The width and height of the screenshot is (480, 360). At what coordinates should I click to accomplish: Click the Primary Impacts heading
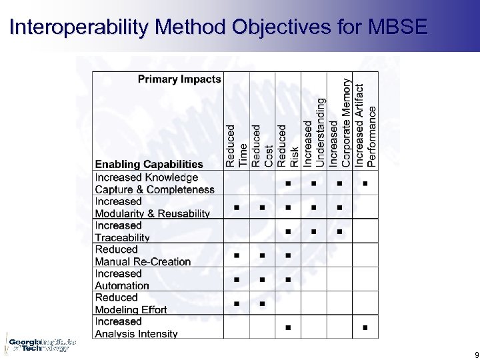click(179, 79)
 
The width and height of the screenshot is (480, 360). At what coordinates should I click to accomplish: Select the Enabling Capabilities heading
click(149, 165)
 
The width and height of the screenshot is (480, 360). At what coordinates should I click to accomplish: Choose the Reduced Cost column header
click(262, 145)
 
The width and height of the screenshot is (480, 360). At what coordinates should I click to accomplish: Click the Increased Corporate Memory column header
click(340, 123)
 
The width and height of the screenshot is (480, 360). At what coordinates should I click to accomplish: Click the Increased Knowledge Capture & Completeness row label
click(155, 183)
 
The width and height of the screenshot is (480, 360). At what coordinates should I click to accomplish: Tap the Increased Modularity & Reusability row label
click(152, 207)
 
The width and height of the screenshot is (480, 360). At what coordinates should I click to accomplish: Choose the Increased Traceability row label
click(123, 231)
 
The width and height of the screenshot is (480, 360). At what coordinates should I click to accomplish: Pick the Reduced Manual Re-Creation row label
click(143, 255)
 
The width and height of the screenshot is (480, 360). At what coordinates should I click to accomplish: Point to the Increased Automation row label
click(122, 279)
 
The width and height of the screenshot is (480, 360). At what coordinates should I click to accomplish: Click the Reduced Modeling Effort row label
click(131, 303)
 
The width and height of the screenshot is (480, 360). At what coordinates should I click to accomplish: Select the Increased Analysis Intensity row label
click(136, 327)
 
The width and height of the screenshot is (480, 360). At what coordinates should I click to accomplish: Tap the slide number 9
click(475, 355)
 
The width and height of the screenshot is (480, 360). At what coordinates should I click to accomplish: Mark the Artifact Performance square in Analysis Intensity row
click(365, 327)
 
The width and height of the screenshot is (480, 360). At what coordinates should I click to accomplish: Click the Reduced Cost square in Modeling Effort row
click(262, 304)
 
